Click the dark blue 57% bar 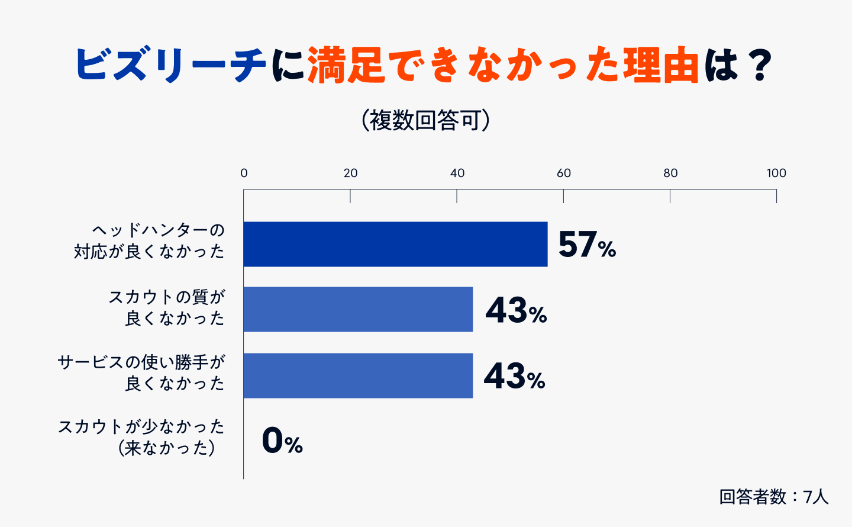[x=395, y=244]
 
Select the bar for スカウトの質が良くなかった [x=358, y=309]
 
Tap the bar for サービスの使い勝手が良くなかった [x=358, y=375]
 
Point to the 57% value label [x=586, y=245]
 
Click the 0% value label [x=282, y=441]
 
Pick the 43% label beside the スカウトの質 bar [x=516, y=310]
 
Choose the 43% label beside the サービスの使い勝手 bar [x=514, y=376]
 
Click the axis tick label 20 [x=350, y=173]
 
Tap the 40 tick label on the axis [x=457, y=173]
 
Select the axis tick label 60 [x=563, y=173]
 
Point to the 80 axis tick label [x=670, y=173]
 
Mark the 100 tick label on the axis [x=776, y=173]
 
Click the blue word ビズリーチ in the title [x=170, y=65]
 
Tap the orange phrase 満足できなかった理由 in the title [x=503, y=65]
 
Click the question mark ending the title [x=758, y=65]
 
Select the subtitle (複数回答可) [x=425, y=120]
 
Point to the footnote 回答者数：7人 [x=773, y=496]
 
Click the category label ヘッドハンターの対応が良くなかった [x=149, y=241]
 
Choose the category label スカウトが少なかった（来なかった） [x=142, y=437]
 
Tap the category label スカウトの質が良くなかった [x=166, y=307]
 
